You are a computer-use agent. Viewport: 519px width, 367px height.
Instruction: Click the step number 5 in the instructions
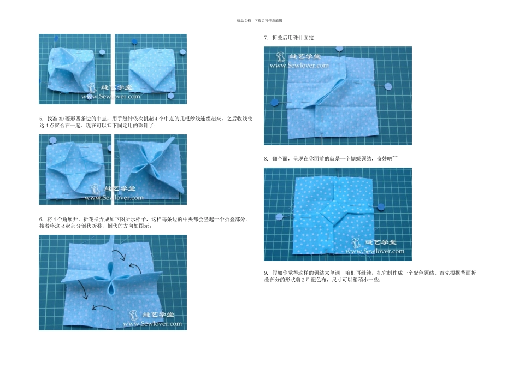[x=40, y=118]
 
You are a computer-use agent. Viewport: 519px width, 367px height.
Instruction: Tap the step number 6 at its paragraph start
[x=40, y=218]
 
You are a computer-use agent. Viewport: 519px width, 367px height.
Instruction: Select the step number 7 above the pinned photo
[x=266, y=38]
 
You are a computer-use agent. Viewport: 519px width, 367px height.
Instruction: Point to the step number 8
[x=266, y=158]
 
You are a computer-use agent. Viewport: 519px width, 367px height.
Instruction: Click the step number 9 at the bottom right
[x=266, y=272]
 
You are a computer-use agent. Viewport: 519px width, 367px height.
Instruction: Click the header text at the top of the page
[x=259, y=20]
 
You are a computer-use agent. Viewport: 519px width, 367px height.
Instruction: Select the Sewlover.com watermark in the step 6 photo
[x=152, y=324]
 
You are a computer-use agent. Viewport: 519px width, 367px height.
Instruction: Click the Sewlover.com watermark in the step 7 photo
[x=299, y=65]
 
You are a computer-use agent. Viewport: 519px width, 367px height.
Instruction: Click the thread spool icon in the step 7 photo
[x=280, y=56]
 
